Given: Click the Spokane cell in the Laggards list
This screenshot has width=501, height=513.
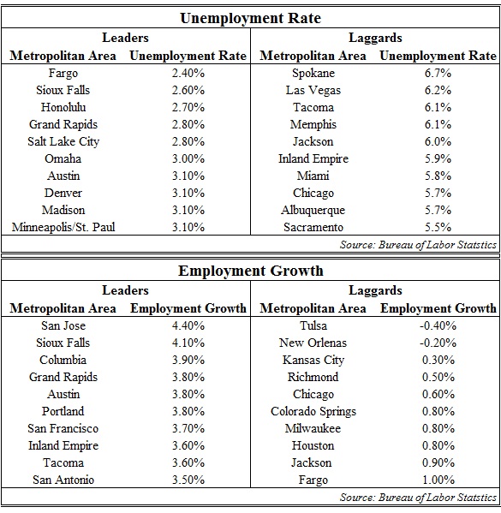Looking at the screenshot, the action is tap(313, 73).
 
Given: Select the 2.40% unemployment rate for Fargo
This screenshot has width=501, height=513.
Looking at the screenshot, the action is tap(188, 73).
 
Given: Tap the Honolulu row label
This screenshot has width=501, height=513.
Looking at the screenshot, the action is tap(63, 107).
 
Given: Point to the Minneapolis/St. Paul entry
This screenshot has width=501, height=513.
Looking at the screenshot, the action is tap(63, 227).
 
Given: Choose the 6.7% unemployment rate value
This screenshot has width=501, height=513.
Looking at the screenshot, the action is tap(438, 73).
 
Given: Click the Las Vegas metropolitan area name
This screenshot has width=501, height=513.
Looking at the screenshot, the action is tap(313, 90).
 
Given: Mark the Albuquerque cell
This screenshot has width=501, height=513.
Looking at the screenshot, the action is tap(313, 210).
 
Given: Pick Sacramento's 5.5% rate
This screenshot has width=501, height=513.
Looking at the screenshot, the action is tap(438, 227).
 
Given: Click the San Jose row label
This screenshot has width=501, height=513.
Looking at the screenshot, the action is tap(63, 325).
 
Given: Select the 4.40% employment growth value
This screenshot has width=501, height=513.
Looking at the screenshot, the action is tap(188, 325).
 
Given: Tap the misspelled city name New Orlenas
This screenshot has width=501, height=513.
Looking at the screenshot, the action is tap(313, 343).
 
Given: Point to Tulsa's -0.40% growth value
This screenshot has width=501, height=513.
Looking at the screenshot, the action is tap(438, 325).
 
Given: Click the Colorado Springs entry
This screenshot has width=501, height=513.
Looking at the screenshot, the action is tap(313, 412).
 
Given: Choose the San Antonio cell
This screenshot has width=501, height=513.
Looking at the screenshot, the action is tap(63, 480).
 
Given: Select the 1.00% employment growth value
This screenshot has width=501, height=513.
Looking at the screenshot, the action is tap(438, 480).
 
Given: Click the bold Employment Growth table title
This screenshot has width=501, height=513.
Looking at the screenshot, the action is tap(251, 271).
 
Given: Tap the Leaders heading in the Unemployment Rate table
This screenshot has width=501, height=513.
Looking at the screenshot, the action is tap(125, 38).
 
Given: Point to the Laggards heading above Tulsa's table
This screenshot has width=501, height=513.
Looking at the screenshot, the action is tap(375, 290).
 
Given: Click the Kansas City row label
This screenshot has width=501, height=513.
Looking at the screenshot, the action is tap(313, 361).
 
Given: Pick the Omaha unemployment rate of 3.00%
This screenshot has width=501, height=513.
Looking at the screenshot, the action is tap(188, 158).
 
